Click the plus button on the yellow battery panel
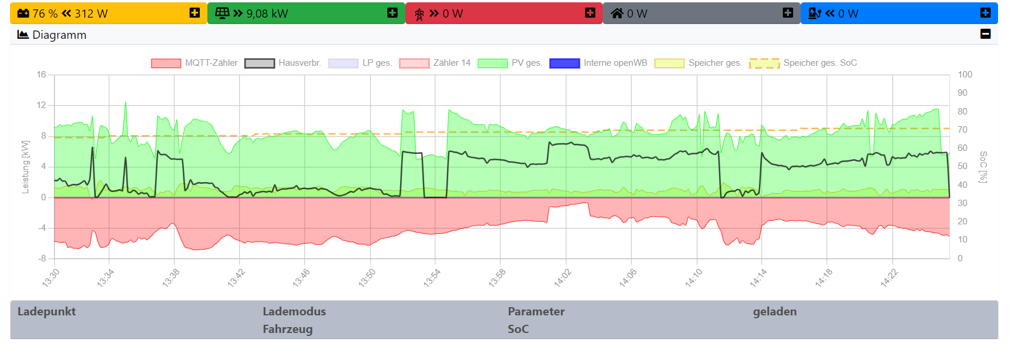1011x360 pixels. point(194,13)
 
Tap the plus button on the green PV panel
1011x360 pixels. point(392,13)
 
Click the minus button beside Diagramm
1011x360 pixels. point(985,34)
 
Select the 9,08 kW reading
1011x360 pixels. point(267,14)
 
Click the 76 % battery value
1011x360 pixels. point(45,14)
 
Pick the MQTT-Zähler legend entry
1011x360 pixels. point(194,63)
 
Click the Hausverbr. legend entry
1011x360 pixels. point(283,63)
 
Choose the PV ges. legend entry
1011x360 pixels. point(510,63)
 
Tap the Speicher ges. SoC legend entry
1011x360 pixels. point(803,63)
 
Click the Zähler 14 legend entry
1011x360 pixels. point(435,63)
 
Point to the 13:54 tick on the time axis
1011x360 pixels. point(432,278)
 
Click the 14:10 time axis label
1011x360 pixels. point(693,278)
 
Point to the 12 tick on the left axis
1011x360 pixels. point(41,105)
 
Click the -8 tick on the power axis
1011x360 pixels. point(42,258)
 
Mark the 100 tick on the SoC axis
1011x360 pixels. point(965,75)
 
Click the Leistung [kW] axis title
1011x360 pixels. point(25,167)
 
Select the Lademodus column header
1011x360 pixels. point(294,311)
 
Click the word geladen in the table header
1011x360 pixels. point(774,311)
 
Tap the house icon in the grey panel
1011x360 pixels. point(617,13)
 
